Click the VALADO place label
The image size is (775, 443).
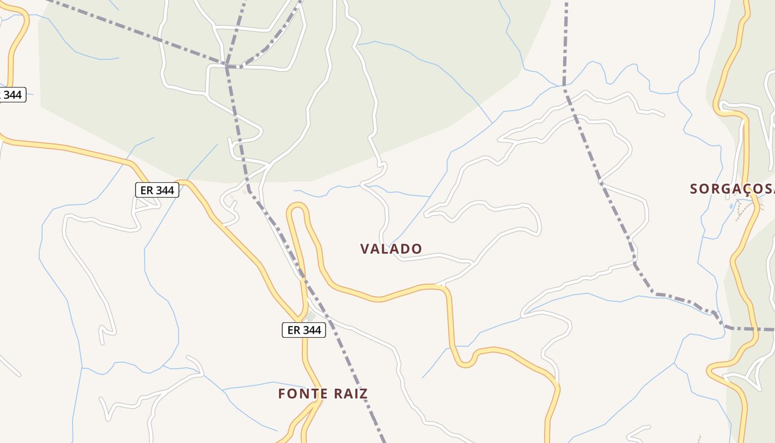(x=391, y=249)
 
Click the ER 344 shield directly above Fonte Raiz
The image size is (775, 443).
(x=304, y=330)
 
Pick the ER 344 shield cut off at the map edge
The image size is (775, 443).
(x=11, y=95)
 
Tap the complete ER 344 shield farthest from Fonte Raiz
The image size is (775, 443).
(x=157, y=190)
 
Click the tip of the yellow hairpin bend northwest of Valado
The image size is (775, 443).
(x=297, y=206)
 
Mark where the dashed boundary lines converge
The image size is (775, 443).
(x=227, y=65)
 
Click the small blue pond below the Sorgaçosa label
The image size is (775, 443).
(x=732, y=206)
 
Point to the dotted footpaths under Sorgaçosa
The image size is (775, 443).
(x=747, y=210)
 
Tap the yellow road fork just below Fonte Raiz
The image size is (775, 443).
(x=317, y=403)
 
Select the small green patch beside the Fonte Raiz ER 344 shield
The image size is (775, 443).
(x=311, y=317)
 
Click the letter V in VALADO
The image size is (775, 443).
(x=365, y=249)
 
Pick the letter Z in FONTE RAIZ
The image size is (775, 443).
(x=363, y=394)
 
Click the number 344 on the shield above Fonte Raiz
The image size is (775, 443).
(x=312, y=330)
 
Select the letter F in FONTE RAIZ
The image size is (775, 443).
(x=282, y=394)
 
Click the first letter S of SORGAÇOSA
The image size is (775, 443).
(x=694, y=189)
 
